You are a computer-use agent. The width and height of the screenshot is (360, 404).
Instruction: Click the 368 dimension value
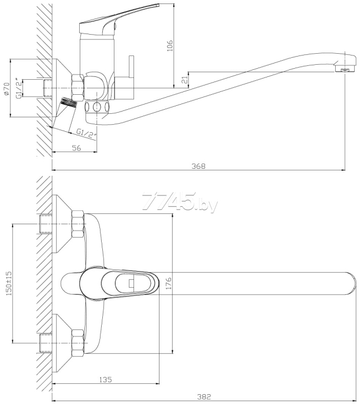point(199,166)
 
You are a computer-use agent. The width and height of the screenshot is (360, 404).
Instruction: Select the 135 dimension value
point(106,379)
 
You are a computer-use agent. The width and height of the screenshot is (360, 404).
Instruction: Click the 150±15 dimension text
point(9,283)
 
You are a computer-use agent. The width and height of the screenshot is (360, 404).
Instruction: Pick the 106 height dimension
point(170,46)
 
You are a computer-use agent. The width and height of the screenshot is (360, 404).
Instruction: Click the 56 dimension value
point(76,148)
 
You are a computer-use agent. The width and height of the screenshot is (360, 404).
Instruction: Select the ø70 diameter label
point(7,89)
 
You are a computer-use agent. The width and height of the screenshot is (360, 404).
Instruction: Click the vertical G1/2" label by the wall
point(18,88)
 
